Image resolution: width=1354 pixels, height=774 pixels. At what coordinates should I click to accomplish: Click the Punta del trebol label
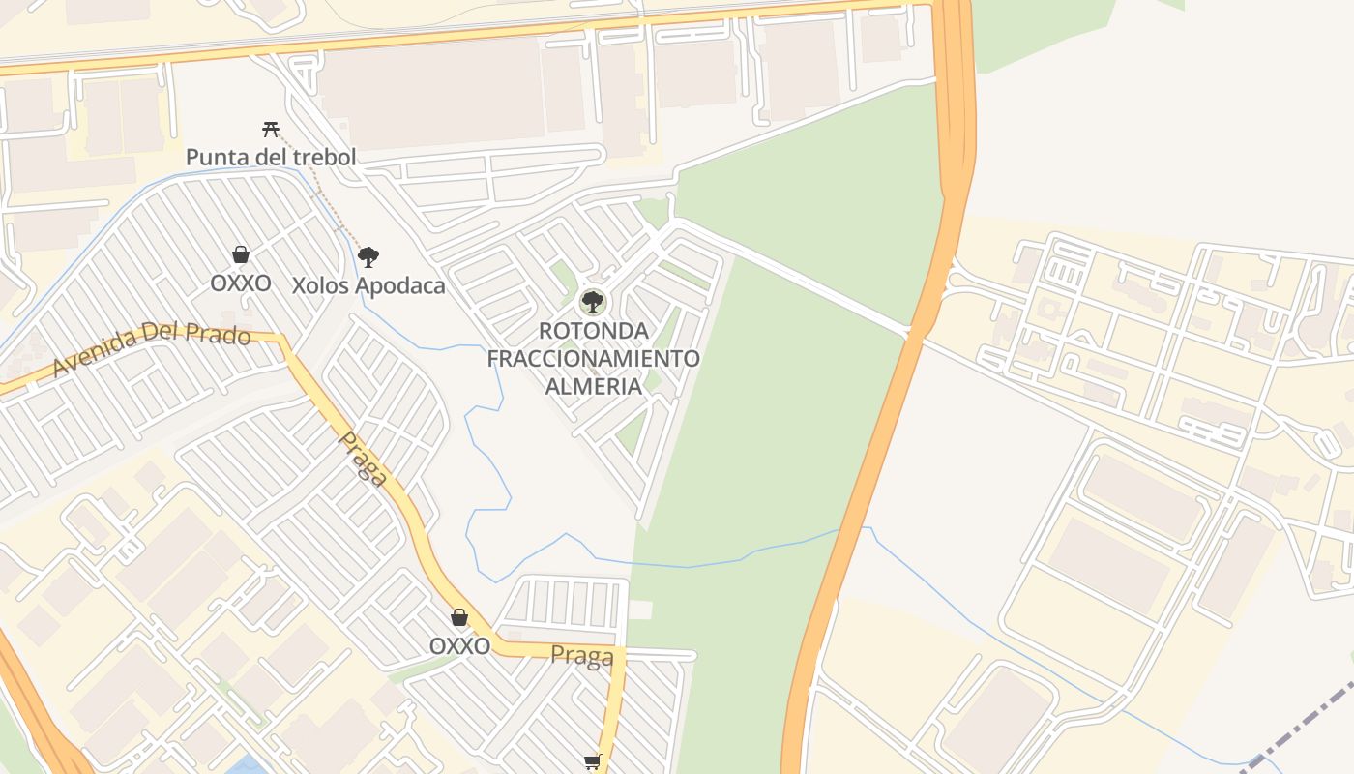click(x=271, y=157)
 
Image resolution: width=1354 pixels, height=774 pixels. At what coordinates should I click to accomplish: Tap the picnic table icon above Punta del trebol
click(x=271, y=129)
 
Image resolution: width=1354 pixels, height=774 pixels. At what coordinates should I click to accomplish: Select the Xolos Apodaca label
click(x=368, y=285)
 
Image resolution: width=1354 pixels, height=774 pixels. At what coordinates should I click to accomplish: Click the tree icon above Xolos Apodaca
click(x=368, y=257)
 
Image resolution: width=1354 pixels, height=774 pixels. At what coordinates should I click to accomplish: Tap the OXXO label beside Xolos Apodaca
click(x=241, y=283)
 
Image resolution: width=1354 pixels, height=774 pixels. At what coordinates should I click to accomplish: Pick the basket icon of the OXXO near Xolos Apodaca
click(x=241, y=254)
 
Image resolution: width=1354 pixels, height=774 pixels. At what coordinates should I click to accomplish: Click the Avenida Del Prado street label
click(x=151, y=348)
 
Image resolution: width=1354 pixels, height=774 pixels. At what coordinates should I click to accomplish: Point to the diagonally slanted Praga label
click(x=364, y=459)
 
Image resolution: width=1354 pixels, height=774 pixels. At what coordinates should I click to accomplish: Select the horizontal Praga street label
click(x=582, y=656)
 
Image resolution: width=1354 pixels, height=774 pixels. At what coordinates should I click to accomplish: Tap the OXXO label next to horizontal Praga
click(x=459, y=645)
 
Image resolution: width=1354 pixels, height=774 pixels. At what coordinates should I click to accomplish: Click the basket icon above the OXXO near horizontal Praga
click(x=459, y=617)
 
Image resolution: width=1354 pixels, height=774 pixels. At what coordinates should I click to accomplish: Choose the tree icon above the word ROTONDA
click(x=593, y=302)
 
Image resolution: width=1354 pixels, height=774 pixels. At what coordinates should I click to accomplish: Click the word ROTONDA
click(x=593, y=331)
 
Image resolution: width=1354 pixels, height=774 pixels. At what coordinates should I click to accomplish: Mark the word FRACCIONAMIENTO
click(x=593, y=358)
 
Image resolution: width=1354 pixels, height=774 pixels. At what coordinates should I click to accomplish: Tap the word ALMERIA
click(x=593, y=386)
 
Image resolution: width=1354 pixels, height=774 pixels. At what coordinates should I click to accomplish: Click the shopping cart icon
click(x=593, y=762)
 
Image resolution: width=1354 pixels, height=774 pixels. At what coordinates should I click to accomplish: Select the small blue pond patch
click(x=248, y=765)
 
